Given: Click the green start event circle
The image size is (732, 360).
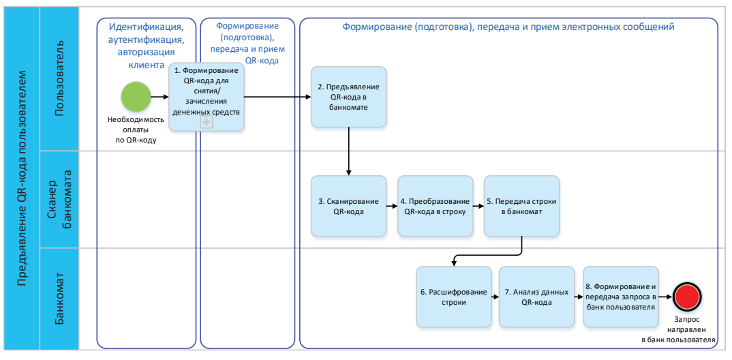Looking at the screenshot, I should pyautogui.click(x=135, y=97).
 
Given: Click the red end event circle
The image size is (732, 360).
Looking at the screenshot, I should pyautogui.click(x=687, y=297).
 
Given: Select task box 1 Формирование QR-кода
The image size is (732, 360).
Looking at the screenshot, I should pyautogui.click(x=206, y=92).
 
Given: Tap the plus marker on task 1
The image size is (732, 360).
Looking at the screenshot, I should pyautogui.click(x=207, y=122).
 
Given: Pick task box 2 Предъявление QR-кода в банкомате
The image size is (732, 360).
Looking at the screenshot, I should pyautogui.click(x=348, y=96).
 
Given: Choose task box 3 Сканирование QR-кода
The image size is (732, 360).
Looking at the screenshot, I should pyautogui.click(x=348, y=206).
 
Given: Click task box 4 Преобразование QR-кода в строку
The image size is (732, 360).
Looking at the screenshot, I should pyautogui.click(x=435, y=206).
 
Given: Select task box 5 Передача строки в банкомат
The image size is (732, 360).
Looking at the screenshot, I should pyautogui.click(x=521, y=206).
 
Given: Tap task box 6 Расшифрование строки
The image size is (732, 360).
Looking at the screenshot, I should pyautogui.click(x=453, y=297).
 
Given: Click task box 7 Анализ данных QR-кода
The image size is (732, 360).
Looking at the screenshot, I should pyautogui.click(x=536, y=297).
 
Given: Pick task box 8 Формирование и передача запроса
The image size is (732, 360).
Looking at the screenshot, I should pyautogui.click(x=620, y=297).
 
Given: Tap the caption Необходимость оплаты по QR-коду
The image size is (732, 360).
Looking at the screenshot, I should pyautogui.click(x=136, y=130).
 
